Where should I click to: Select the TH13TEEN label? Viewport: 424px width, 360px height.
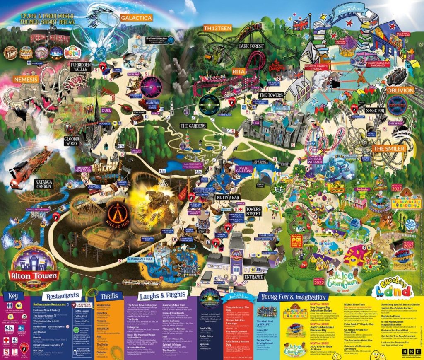click(x=217, y=28)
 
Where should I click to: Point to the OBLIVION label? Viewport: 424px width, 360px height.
click(x=400, y=90)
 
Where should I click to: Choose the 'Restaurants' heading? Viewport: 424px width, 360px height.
click(x=63, y=296)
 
